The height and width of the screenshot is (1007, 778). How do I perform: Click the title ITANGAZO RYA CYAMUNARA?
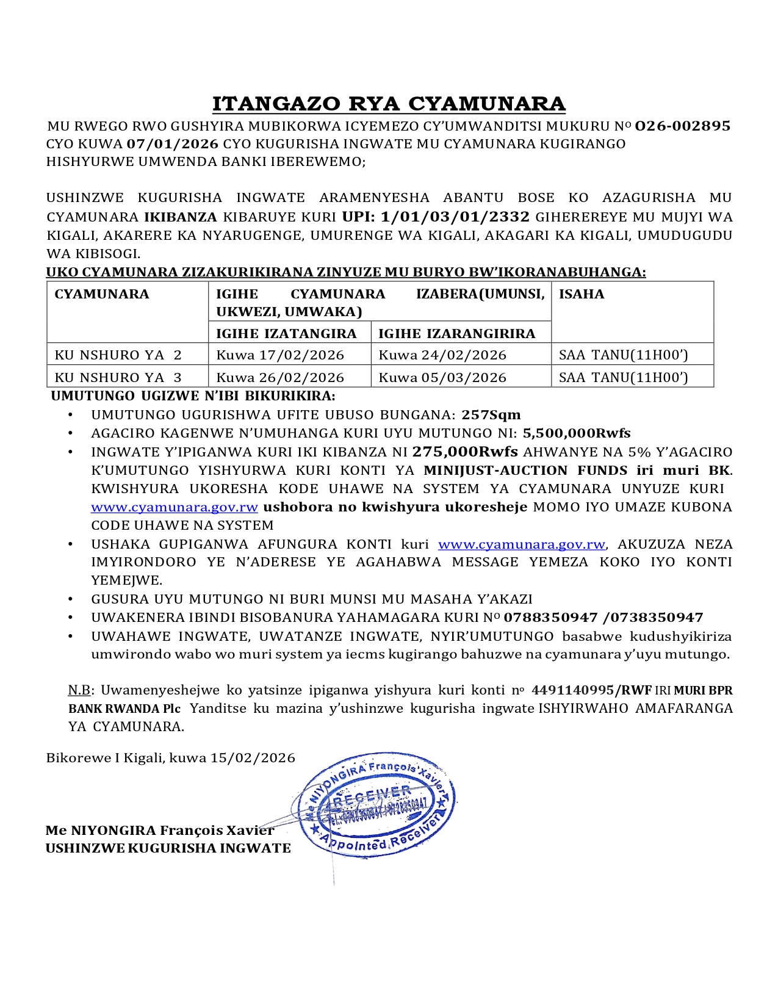389,104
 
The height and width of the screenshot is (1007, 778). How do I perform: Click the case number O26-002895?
682,126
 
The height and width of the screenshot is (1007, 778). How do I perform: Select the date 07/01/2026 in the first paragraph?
173,144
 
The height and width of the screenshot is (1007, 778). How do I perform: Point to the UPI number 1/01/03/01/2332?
455,217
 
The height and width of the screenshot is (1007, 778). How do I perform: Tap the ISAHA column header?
582,294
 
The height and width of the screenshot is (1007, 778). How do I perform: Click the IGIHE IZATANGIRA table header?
286,333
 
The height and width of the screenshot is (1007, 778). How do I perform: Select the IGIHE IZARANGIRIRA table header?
456,333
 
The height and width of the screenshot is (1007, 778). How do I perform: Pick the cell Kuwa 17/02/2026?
280,355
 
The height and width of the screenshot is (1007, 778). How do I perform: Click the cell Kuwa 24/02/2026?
442,355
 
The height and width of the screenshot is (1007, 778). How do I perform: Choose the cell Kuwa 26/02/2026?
280,377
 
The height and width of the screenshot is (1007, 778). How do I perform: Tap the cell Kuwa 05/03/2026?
442,377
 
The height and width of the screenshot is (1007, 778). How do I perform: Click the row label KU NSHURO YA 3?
118,377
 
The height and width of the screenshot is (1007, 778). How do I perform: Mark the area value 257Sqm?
491,415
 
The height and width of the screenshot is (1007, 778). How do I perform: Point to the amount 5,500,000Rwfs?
577,433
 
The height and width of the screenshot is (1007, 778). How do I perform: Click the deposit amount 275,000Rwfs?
465,452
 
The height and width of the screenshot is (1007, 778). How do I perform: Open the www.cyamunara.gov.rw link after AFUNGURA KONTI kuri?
522,544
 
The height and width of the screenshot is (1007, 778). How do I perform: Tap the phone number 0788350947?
550,618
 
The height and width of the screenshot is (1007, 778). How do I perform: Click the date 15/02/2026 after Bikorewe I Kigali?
253,758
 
